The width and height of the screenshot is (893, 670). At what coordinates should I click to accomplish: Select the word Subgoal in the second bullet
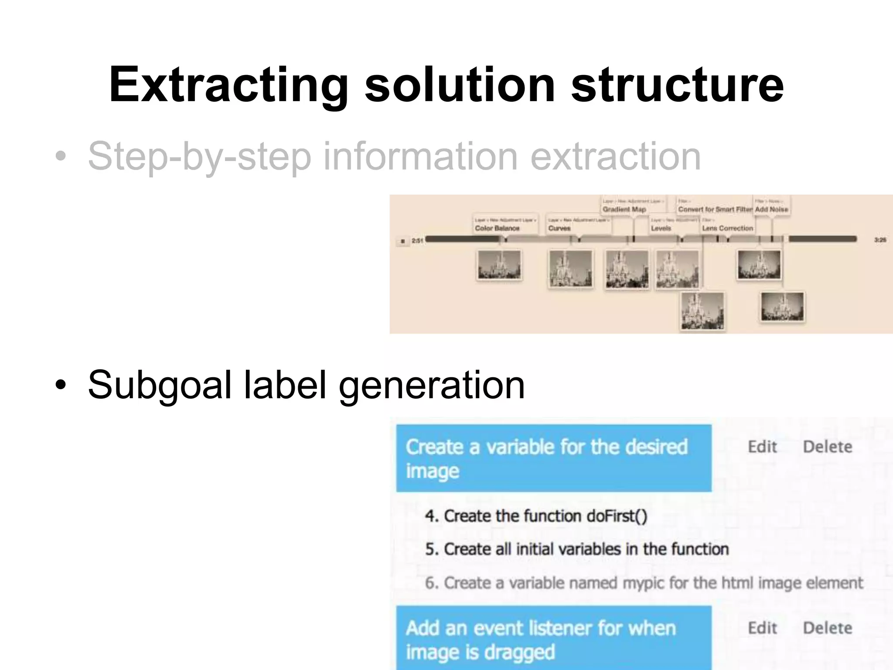pos(160,385)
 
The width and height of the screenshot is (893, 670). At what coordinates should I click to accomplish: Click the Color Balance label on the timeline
pos(497,228)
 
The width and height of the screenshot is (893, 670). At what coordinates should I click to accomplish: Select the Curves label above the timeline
pos(559,228)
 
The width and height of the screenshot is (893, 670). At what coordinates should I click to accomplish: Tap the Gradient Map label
pos(624,209)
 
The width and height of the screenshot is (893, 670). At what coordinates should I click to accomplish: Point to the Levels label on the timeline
pos(661,228)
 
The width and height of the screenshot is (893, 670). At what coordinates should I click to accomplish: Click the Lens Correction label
pos(727,228)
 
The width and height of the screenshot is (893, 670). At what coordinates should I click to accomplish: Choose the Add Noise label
pos(771,209)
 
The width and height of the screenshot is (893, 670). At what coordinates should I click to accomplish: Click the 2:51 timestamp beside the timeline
pos(417,240)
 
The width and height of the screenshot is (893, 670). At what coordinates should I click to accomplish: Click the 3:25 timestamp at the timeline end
pos(880,240)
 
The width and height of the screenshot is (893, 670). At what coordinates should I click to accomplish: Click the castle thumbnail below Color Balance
pos(499,265)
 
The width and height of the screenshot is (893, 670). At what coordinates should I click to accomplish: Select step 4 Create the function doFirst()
pos(536,516)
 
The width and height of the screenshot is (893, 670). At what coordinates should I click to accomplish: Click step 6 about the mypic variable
pos(644,583)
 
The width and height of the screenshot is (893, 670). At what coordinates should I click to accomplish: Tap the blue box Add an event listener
pos(553,639)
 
